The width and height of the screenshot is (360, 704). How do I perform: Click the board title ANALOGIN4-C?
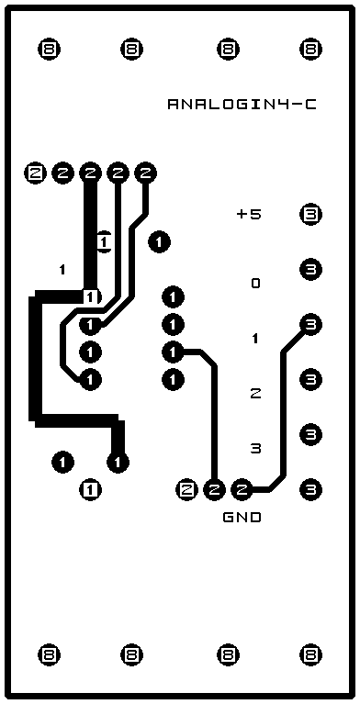coord(242,105)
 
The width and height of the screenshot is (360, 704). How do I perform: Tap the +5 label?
coord(249,215)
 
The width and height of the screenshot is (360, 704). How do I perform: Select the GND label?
coord(242,518)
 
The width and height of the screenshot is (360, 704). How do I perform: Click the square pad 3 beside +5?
coord(310,215)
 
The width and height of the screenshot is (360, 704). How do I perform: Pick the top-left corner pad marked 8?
coord(49,49)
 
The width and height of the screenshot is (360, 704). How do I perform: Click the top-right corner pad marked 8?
coord(310,49)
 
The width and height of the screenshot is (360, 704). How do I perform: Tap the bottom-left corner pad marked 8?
coord(49,654)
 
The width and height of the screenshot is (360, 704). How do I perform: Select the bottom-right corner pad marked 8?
coord(310,654)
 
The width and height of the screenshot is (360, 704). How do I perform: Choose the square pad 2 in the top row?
coord(35,173)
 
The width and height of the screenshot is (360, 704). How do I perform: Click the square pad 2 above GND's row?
coord(187,489)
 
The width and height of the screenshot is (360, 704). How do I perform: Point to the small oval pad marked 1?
coord(105,242)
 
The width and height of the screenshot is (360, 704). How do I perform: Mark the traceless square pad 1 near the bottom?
coord(91,489)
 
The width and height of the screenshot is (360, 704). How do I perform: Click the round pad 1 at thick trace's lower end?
coord(118,462)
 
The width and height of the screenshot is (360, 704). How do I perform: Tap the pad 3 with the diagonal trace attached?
coord(310,324)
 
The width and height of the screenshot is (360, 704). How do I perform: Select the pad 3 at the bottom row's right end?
coord(310,489)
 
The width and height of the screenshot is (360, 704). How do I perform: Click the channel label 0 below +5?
coord(255,284)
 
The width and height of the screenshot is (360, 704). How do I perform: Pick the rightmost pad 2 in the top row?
coord(146,173)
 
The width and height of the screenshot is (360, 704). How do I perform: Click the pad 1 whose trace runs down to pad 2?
coord(173,352)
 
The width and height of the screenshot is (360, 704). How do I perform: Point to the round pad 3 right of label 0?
coord(310,269)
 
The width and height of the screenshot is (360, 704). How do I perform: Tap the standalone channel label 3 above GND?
coord(255,448)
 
